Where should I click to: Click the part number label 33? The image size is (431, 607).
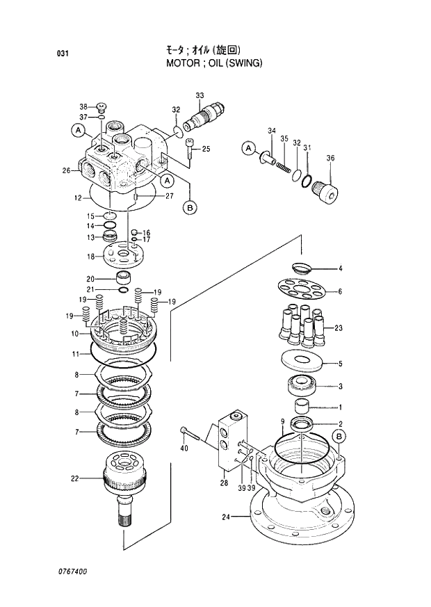(200, 95)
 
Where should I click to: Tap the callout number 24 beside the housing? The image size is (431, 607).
(225, 516)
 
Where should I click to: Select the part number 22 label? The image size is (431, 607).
(75, 478)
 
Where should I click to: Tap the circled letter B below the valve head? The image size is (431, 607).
(189, 206)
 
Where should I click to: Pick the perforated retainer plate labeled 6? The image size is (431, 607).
(302, 291)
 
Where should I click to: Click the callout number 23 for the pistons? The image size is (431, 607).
(339, 327)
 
